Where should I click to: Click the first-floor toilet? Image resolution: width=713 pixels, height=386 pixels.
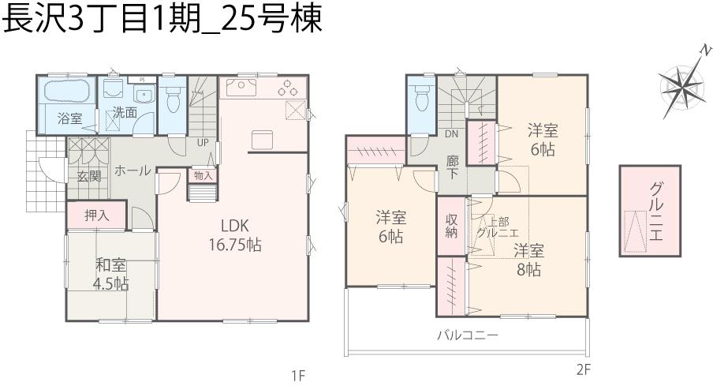(x=173, y=99)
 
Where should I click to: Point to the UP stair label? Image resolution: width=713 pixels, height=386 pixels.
(x=203, y=143)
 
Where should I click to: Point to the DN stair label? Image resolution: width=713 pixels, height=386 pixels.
(x=451, y=133)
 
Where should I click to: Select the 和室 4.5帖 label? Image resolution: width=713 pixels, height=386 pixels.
(x=110, y=273)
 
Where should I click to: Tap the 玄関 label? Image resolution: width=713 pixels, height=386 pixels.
(x=88, y=175)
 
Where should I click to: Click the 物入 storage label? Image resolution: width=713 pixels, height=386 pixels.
(x=202, y=175)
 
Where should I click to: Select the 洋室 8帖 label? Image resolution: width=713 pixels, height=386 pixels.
(x=528, y=260)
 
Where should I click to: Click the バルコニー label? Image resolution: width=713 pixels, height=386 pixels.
(x=468, y=335)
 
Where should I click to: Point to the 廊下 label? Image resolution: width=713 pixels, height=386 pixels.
(x=453, y=167)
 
